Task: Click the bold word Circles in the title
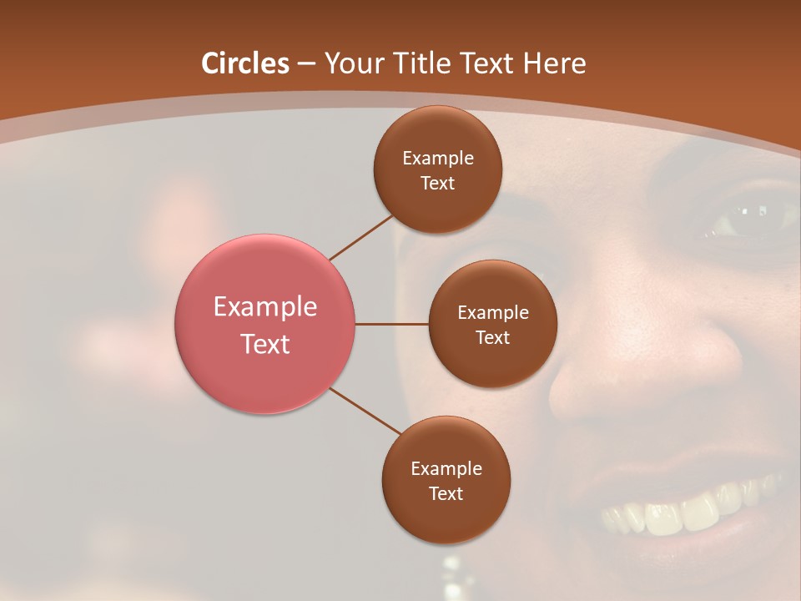click(x=245, y=63)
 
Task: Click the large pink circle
click(x=265, y=324)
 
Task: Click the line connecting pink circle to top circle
click(x=360, y=236)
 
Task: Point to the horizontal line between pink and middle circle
click(x=392, y=324)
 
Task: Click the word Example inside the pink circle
click(x=265, y=306)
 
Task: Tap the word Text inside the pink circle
click(x=265, y=344)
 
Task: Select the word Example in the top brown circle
click(x=438, y=158)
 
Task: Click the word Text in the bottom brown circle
click(x=446, y=493)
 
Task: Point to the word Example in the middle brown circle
click(x=493, y=312)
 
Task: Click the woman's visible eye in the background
click(x=738, y=219)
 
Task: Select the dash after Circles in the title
click(x=305, y=63)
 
